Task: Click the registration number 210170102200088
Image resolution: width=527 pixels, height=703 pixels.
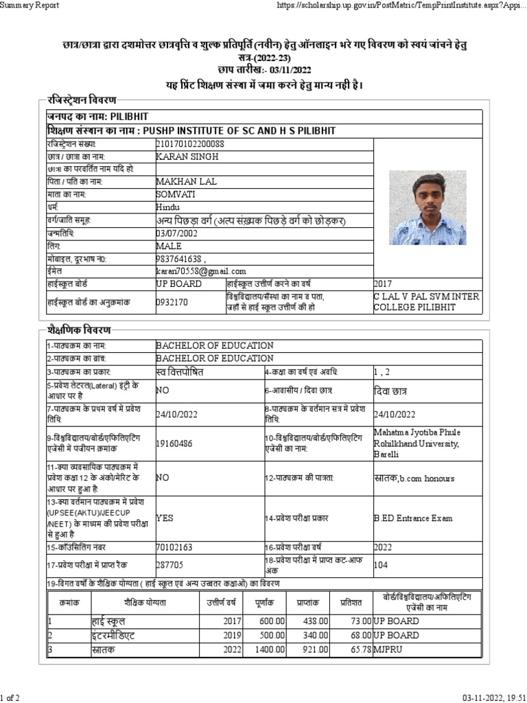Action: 190,143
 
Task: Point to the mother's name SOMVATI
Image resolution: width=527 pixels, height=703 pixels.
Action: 175,194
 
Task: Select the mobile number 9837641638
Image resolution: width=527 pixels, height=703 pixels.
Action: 180,259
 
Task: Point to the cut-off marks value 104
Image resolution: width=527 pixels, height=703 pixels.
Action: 381,565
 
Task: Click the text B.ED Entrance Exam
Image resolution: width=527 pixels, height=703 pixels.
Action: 413,518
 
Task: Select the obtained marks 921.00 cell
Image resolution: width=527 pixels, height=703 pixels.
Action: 315,649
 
